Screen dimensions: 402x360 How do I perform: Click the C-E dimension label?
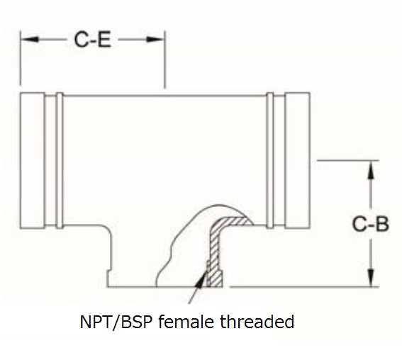pos(93,40)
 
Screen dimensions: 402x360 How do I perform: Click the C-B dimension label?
pos(371,224)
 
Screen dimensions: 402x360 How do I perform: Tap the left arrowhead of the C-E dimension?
pos(30,39)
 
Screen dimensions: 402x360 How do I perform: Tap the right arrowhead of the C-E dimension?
pos(155,39)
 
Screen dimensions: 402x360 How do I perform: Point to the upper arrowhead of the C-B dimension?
pos(371,169)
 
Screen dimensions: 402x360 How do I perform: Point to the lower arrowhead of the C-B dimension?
pos(371,277)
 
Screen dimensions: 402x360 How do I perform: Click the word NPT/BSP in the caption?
pos(116,322)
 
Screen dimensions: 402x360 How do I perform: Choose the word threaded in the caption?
pos(257,322)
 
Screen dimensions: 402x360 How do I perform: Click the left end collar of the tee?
pos(33,160)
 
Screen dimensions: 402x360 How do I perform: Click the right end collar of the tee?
pos(297,160)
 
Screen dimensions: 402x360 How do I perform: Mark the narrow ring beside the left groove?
pos(60,160)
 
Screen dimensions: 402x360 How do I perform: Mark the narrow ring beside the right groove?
pos(270,160)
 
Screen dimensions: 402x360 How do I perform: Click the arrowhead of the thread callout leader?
pos(201,279)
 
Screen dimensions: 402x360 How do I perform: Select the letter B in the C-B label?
pos(382,224)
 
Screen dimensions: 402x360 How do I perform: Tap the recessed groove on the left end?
pos(50,160)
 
